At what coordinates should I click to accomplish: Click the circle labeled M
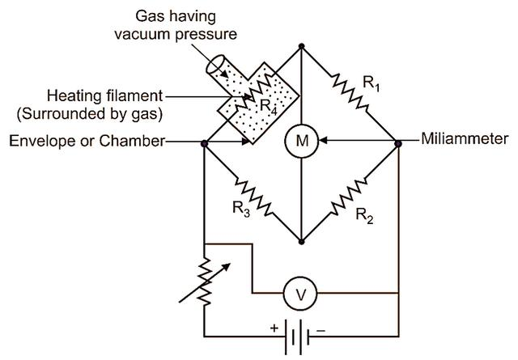point(302,142)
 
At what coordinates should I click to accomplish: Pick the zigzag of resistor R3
point(250,193)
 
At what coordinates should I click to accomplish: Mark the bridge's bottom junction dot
point(301,241)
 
